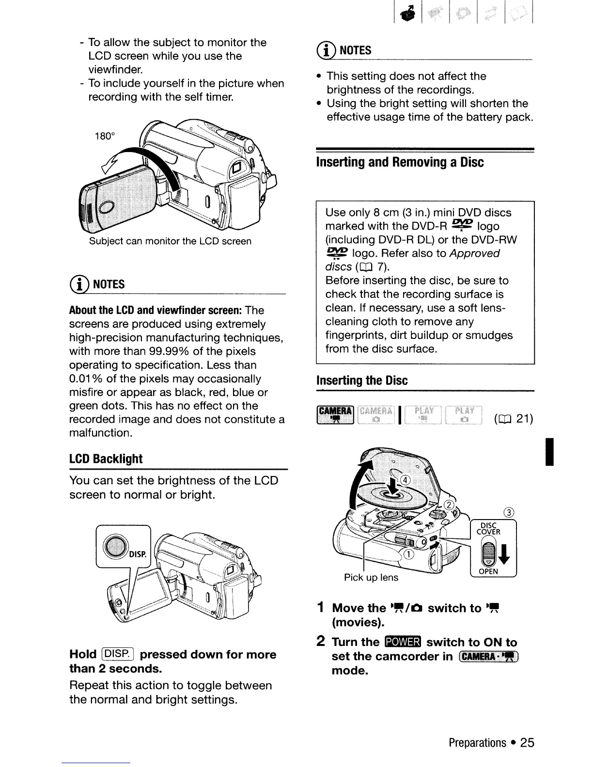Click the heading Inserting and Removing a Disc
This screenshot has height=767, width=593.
(400, 162)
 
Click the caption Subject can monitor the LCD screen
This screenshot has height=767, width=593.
(170, 241)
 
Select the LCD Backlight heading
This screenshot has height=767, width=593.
(106, 459)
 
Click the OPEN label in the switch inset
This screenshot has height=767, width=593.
(488, 572)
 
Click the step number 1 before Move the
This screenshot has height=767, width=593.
(320, 608)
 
